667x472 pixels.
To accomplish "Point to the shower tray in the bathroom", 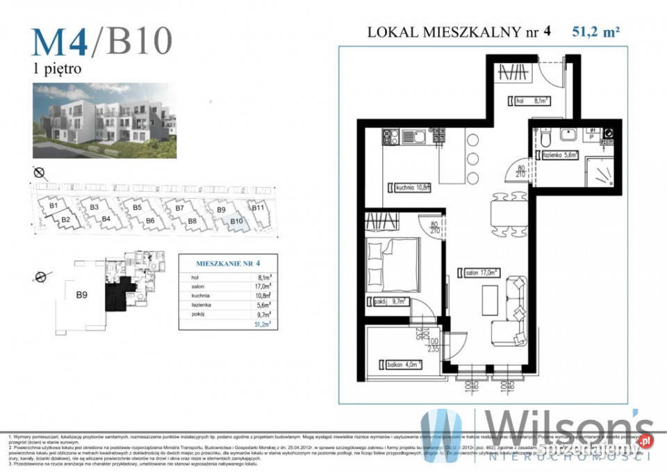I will (x=599, y=172).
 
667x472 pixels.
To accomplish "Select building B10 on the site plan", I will (x=236, y=222).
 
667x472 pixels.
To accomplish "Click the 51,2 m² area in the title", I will (x=595, y=31).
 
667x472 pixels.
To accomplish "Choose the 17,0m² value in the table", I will (x=263, y=286).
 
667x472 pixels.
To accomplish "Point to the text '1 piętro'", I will (x=58, y=69).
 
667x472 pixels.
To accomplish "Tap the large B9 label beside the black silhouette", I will (x=81, y=295).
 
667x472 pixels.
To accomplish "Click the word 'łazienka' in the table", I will (x=199, y=304).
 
